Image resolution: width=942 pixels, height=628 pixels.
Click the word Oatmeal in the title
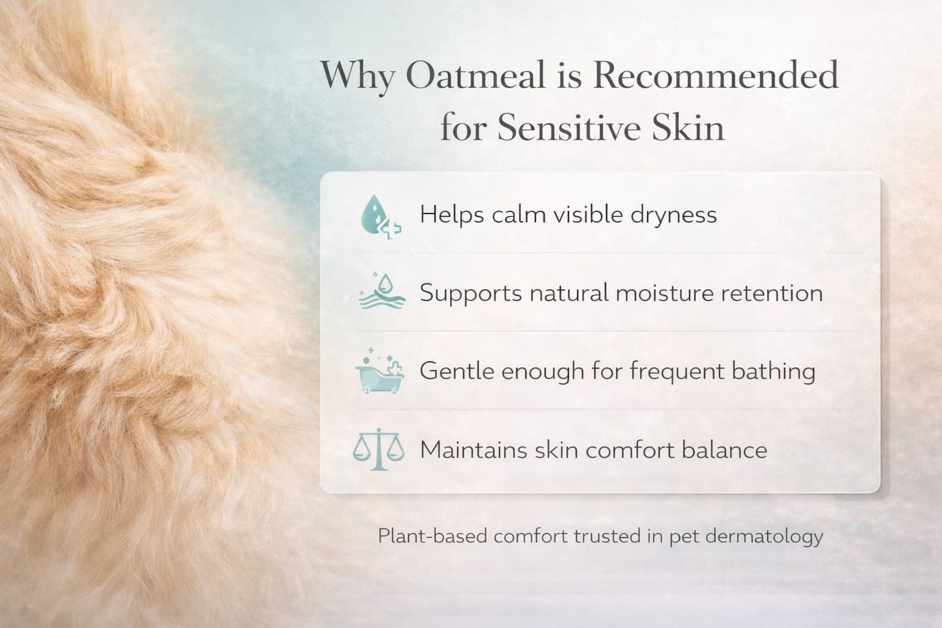475,75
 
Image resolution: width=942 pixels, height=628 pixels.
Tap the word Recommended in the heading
716,75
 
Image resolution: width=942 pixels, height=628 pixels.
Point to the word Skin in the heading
688,126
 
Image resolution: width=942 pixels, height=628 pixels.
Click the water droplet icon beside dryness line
381,216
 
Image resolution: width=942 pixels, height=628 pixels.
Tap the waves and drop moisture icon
382,291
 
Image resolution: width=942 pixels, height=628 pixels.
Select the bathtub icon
380,370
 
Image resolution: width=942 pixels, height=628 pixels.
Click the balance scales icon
378,450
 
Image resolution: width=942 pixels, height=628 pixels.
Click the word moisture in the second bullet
665,293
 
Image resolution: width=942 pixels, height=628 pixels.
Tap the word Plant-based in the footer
432,536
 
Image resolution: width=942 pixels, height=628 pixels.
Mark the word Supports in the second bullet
471,294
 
